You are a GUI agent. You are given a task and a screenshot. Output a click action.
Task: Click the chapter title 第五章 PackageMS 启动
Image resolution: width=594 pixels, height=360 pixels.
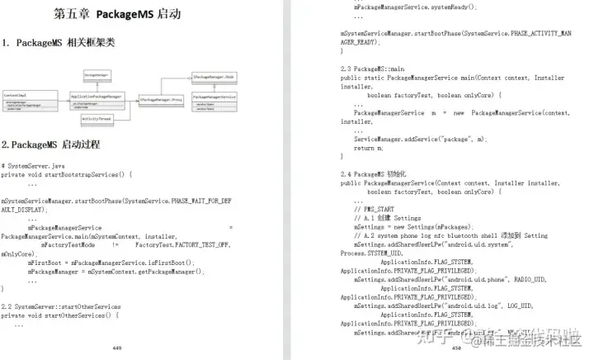tap(117, 14)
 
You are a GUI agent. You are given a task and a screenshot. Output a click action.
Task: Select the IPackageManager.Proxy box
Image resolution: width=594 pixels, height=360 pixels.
tap(161, 100)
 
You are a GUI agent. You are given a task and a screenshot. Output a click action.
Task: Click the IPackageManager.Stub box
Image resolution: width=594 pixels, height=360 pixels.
tap(215, 75)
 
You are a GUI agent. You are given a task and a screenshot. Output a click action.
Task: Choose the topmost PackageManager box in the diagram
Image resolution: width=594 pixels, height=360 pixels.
tap(97, 75)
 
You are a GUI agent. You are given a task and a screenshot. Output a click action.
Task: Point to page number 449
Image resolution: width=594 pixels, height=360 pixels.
tap(116, 348)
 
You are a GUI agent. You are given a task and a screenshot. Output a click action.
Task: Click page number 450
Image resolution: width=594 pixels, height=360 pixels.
tap(456, 348)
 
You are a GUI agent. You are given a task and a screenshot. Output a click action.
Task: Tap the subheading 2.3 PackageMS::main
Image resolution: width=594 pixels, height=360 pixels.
tap(372, 69)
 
